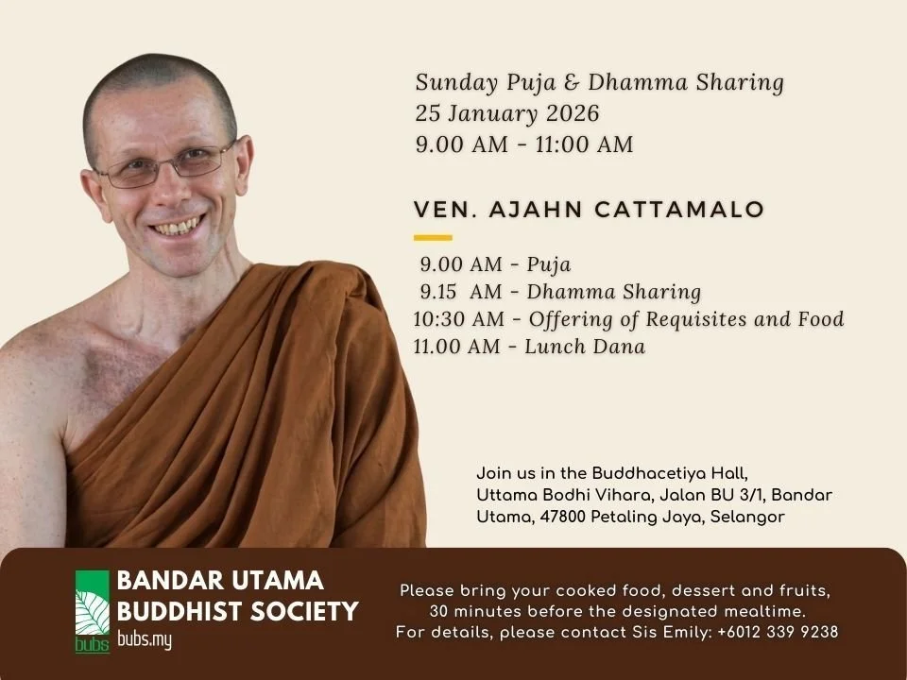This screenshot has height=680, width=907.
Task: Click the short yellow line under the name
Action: tap(434, 237)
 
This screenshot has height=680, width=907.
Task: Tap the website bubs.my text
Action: tap(145, 639)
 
